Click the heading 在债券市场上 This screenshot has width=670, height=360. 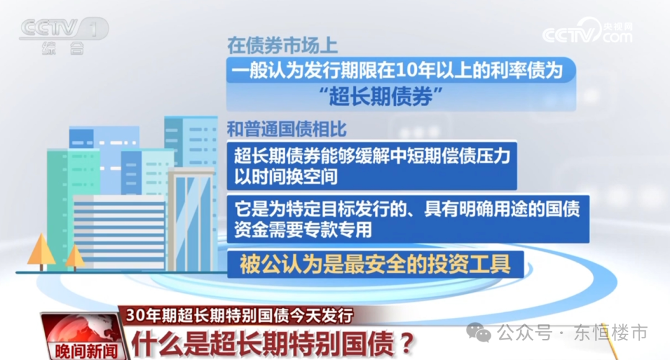(282, 45)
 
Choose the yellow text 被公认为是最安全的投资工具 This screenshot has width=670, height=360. (375, 264)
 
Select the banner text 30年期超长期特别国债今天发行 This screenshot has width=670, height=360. (239, 315)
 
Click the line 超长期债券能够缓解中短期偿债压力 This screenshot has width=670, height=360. (372, 156)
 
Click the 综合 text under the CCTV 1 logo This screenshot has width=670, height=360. (63, 48)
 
